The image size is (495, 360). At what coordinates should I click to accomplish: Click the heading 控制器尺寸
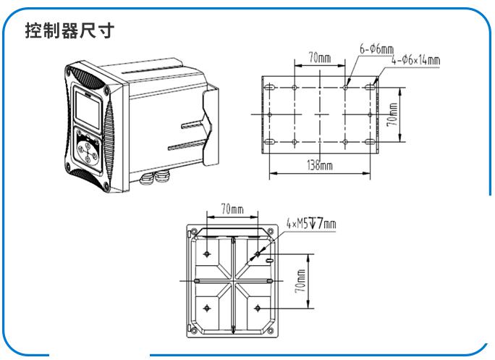tap(69, 30)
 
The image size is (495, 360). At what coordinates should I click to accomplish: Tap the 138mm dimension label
tap(320, 165)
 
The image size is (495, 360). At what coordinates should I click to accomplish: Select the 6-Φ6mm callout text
tap(376, 49)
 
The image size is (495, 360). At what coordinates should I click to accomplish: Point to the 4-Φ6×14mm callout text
tap(416, 60)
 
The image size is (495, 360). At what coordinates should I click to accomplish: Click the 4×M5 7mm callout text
tap(311, 223)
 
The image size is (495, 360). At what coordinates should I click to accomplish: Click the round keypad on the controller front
tap(88, 151)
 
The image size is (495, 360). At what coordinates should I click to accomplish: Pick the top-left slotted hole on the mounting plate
tap(270, 87)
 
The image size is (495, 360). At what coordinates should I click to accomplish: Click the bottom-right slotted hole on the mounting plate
tap(371, 142)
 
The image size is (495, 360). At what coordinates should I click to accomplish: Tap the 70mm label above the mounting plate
tap(320, 58)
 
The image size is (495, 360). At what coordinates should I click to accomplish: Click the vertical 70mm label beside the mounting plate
tap(392, 114)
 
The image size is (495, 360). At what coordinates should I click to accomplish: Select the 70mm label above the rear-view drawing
tap(232, 209)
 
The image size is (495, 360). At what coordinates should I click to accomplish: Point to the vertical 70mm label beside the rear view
tap(300, 281)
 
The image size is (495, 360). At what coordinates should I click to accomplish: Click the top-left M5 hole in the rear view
tap(207, 254)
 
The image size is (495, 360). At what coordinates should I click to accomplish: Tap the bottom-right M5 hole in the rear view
tap(258, 308)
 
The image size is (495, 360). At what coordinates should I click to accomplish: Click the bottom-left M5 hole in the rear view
tap(207, 308)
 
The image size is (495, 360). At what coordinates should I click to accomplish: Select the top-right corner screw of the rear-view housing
tap(270, 231)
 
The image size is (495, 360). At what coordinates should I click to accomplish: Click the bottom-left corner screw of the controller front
tap(106, 186)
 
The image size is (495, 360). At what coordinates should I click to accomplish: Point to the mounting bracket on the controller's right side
tap(211, 127)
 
